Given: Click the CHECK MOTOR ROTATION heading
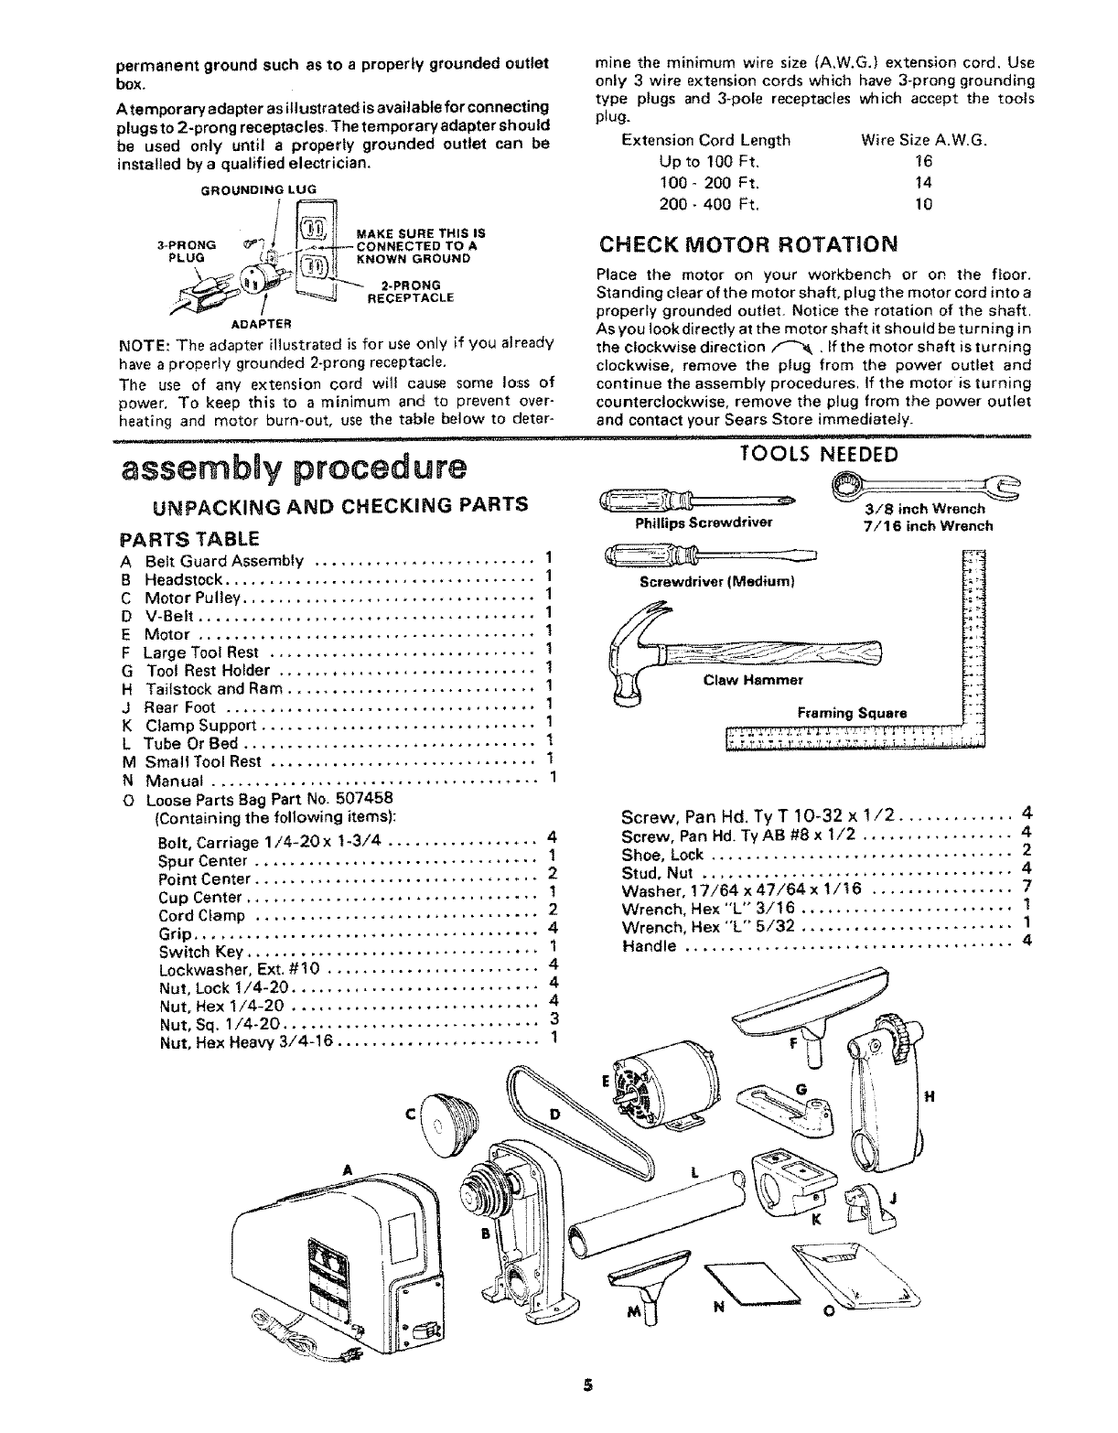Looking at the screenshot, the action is (x=747, y=245).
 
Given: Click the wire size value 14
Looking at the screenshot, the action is (x=924, y=182).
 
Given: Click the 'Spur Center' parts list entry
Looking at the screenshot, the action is (x=203, y=861).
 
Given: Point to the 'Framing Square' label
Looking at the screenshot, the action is (x=852, y=712).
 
